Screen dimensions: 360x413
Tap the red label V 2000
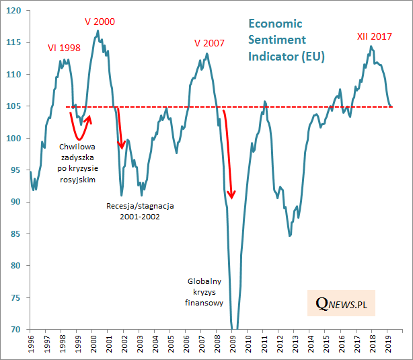(x=100, y=22)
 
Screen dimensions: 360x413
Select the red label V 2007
(x=209, y=43)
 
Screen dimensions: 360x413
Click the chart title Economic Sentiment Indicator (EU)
(x=286, y=40)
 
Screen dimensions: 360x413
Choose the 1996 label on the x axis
(x=31, y=345)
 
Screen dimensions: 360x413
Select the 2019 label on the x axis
(x=389, y=345)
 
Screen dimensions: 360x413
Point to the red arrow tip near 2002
(x=122, y=148)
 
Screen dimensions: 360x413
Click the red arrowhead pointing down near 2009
(x=231, y=196)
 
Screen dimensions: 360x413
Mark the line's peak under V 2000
(x=98, y=30)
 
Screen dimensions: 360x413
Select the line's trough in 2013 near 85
(x=290, y=236)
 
